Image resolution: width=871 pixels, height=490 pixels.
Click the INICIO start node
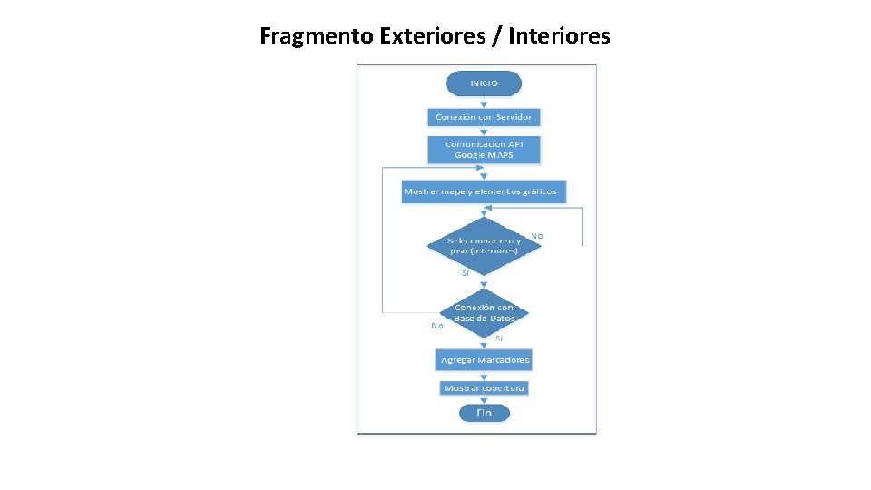pyautogui.click(x=484, y=83)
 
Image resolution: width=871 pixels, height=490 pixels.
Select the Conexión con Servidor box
pyautogui.click(x=484, y=117)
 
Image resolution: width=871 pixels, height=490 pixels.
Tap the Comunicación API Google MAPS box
pyautogui.click(x=484, y=150)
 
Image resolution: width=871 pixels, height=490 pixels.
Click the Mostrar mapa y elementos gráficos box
pyautogui.click(x=484, y=191)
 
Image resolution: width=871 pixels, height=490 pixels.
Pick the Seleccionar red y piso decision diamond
pyautogui.click(x=484, y=245)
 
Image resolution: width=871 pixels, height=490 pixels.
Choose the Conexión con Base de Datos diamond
pyautogui.click(x=484, y=313)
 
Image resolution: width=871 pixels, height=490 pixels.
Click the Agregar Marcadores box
pyautogui.click(x=484, y=360)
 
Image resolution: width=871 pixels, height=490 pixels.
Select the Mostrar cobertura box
pyautogui.click(x=484, y=387)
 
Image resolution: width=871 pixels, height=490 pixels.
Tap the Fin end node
pyautogui.click(x=484, y=413)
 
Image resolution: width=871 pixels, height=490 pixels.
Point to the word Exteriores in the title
pyautogui.click(x=423, y=36)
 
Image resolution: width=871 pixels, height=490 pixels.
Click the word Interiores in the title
pyautogui.click(x=560, y=36)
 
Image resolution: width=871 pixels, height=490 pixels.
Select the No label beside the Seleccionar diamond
pyautogui.click(x=537, y=236)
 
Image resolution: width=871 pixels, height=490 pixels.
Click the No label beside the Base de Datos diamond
pyautogui.click(x=437, y=325)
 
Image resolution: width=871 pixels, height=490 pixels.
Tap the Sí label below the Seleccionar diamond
pyautogui.click(x=465, y=272)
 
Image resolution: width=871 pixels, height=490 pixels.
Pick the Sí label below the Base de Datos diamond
pyautogui.click(x=499, y=338)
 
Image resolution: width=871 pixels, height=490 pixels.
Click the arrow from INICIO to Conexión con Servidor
pyautogui.click(x=484, y=102)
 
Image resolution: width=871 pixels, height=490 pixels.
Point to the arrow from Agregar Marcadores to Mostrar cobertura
pyautogui.click(x=484, y=375)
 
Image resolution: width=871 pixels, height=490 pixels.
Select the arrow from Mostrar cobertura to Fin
pyautogui.click(x=484, y=399)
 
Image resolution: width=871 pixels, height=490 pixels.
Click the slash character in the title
pyautogui.click(x=498, y=36)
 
